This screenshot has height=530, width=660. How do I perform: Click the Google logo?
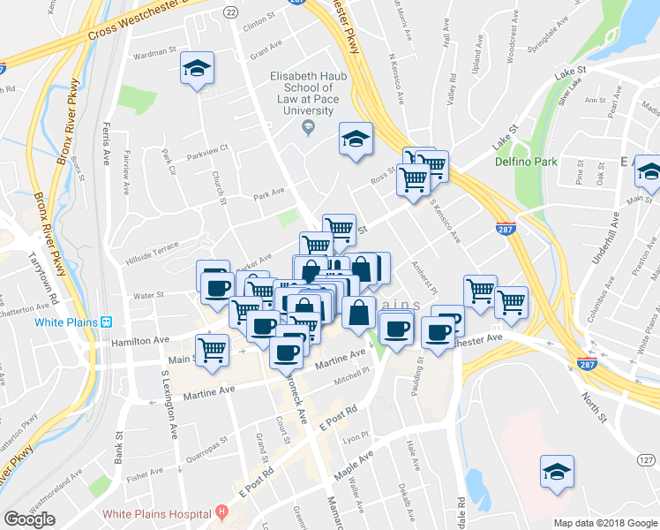(x=30, y=519)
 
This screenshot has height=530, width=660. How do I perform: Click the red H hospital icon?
(x=221, y=512)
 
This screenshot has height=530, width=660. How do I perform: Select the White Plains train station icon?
(x=107, y=322)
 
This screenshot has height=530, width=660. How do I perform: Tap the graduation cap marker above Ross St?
(x=356, y=139)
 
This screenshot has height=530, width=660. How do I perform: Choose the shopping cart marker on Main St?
(x=213, y=351)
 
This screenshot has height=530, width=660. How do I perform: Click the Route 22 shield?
(x=231, y=11)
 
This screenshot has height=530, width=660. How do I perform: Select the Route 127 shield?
(x=647, y=460)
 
